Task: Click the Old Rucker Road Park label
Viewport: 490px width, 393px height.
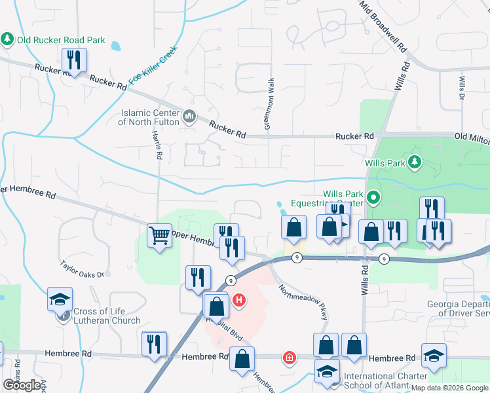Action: coord(61,40)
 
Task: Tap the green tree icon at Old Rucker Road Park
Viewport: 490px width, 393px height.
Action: coord(8,39)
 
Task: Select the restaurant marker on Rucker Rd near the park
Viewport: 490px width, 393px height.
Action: coord(73,61)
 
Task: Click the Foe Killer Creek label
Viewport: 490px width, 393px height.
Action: coord(153,65)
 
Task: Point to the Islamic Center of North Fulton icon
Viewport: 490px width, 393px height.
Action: coord(189,117)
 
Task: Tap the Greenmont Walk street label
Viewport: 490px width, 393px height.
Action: coord(269,103)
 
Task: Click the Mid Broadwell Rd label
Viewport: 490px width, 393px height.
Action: coord(383,26)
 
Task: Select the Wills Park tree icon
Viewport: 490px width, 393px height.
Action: coord(413,161)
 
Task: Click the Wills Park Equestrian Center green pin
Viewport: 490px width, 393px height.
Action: coord(373,196)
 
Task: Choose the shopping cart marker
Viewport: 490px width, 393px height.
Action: coord(160,236)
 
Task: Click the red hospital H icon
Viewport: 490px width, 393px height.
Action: coord(240,301)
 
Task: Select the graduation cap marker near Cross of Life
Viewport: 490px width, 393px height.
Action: coord(60,299)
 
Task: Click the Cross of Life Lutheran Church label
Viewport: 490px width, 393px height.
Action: coord(107,315)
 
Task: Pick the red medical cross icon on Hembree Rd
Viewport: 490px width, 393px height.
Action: coord(288,357)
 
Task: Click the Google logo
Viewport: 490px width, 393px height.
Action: coord(22,385)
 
